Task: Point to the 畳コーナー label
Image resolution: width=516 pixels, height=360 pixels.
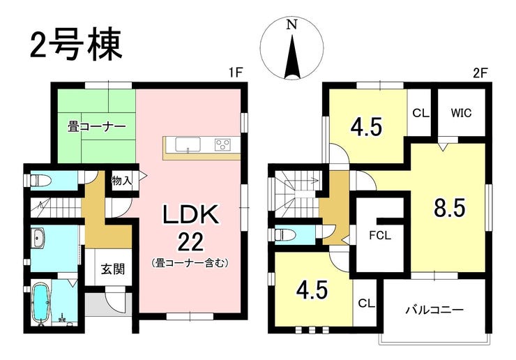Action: [96, 128]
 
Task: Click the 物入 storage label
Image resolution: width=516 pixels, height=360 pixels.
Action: [121, 181]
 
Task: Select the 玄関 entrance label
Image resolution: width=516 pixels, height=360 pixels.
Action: [112, 268]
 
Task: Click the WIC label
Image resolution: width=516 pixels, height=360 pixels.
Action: [462, 112]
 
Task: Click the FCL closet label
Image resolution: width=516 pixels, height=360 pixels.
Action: [380, 234]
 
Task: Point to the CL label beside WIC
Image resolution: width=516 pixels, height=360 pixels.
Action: [421, 112]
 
